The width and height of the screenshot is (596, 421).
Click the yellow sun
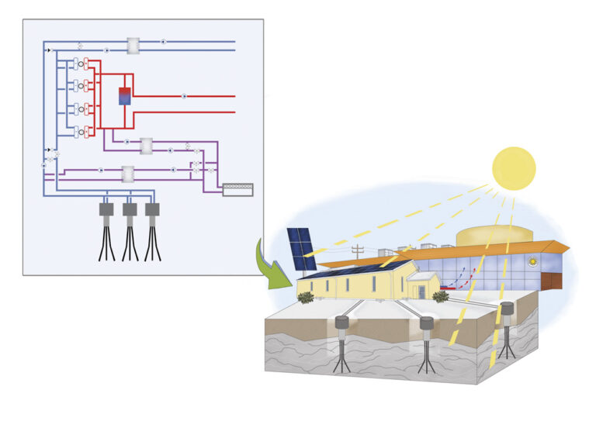click(514, 168)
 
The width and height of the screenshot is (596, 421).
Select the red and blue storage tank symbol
click(125, 96)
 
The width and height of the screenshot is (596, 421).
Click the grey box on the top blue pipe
click(133, 46)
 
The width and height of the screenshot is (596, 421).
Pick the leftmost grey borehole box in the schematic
click(106, 209)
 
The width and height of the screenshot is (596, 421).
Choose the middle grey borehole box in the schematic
click(130, 209)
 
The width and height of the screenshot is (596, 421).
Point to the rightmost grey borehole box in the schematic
click(152, 209)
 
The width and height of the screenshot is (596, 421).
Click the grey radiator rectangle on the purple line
click(237, 188)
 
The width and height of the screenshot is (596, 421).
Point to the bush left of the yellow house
click(306, 297)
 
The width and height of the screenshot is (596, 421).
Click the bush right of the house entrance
click(441, 295)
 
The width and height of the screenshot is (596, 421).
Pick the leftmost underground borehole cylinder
click(342, 323)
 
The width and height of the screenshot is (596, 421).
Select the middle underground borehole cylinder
click(427, 323)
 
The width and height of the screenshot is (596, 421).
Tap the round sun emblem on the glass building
click(532, 262)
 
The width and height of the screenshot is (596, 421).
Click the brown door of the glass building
click(552, 280)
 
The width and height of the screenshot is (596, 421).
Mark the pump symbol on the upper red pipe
click(184, 96)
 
